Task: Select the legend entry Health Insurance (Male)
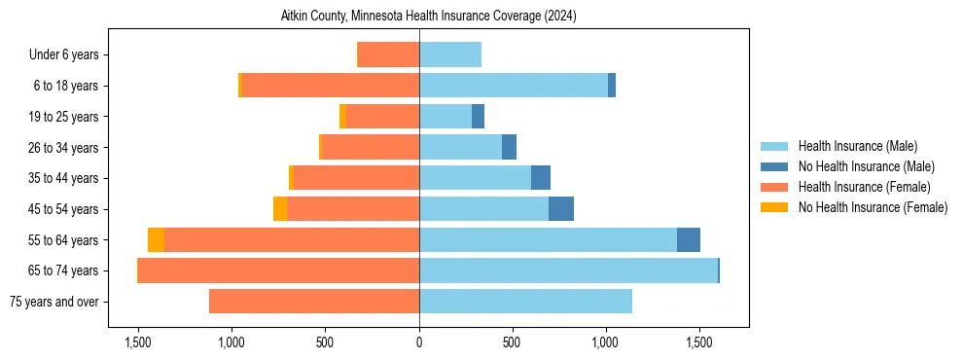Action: pos(851,146)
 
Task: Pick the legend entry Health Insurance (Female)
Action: pos(857,187)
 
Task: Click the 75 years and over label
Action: pos(53,302)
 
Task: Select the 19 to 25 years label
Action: pos(60,117)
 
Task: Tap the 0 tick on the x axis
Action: pos(419,343)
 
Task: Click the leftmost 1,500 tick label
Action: pos(138,343)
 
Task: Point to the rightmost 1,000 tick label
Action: pos(606,343)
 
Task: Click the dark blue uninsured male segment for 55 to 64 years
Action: pos(689,239)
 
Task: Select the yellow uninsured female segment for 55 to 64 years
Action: pos(156,239)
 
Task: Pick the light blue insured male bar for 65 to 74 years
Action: pos(568,270)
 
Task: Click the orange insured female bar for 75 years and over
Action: pos(314,302)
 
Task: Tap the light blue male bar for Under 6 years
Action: pos(450,55)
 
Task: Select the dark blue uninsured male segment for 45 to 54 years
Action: pos(561,209)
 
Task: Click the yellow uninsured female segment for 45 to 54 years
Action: pos(280,209)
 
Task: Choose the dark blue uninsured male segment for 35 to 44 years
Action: pos(541,178)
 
